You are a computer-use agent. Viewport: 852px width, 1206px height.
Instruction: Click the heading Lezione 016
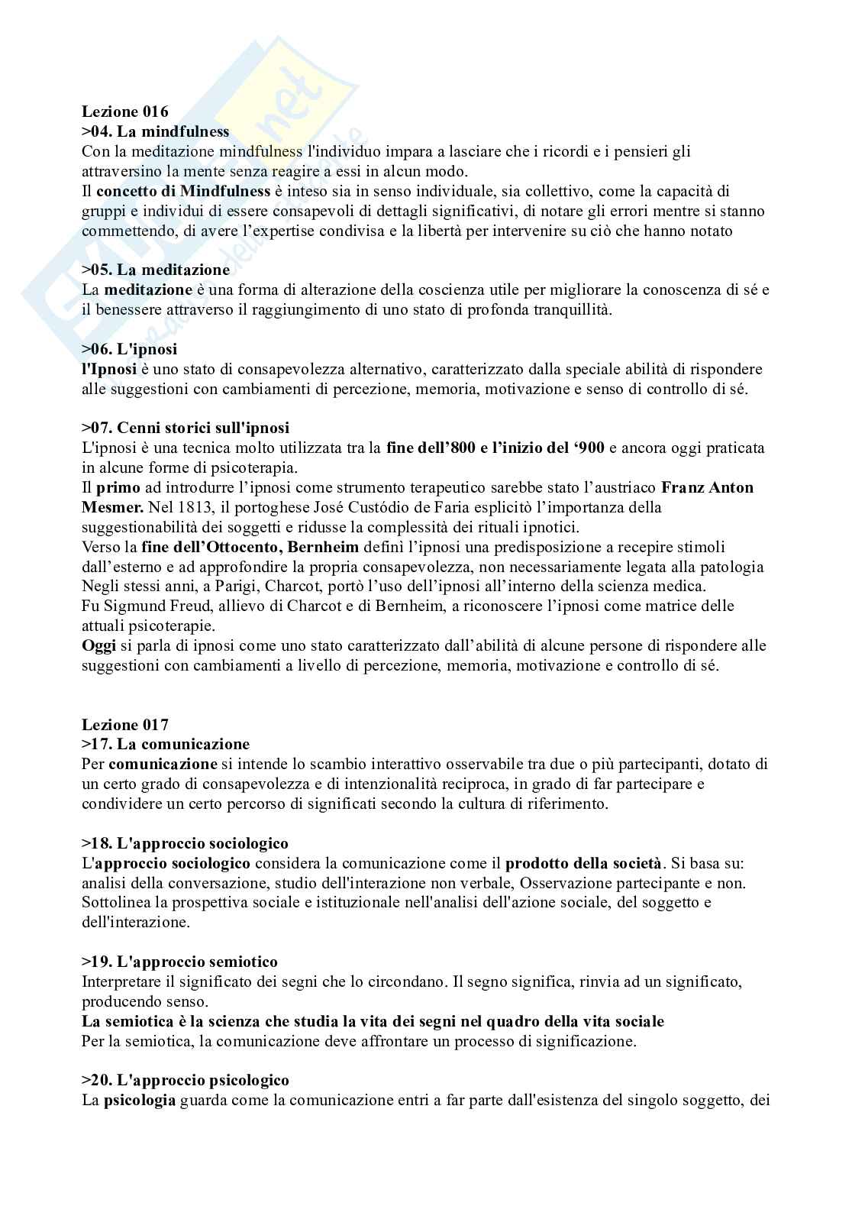tap(125, 112)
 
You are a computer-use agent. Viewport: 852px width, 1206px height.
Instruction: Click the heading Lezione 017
tap(125, 724)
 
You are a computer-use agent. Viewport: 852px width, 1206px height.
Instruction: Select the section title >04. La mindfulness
tap(156, 131)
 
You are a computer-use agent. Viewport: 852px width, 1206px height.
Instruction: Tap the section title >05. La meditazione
tap(156, 270)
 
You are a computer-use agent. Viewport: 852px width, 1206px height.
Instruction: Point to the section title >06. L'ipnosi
tap(130, 349)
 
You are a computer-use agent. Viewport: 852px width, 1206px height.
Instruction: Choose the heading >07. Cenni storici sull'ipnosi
tap(186, 428)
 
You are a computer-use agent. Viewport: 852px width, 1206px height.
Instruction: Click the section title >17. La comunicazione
tap(166, 744)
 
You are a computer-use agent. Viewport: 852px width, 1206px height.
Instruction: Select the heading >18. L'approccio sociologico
tap(185, 843)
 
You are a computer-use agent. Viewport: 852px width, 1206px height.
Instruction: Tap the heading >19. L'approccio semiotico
tap(179, 962)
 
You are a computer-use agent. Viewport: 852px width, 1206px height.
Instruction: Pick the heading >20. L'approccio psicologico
tap(186, 1080)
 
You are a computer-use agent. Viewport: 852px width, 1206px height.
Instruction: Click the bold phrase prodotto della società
tap(583, 863)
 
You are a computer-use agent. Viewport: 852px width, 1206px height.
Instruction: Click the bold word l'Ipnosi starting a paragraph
tap(109, 369)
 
